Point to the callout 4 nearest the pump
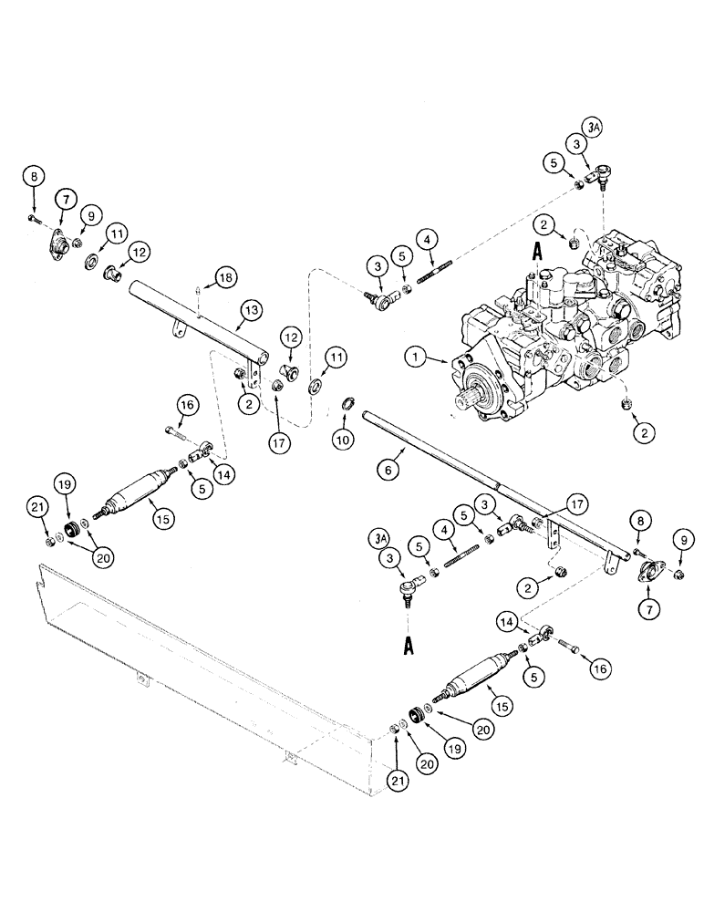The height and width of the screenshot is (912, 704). pos(424,241)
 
